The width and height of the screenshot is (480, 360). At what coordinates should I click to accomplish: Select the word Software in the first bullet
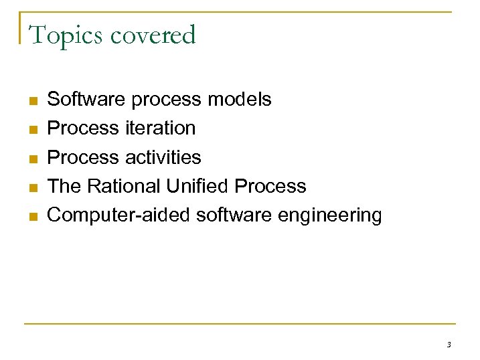pos(87,100)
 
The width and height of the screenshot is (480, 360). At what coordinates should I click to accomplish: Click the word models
pos(240,100)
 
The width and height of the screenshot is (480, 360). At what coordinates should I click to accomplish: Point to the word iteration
pos(160,128)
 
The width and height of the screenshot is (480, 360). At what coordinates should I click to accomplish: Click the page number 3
pos(449,345)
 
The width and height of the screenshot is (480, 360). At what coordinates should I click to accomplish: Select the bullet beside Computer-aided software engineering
pos(33,217)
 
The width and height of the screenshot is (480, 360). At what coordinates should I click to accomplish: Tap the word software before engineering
pos(235,215)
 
